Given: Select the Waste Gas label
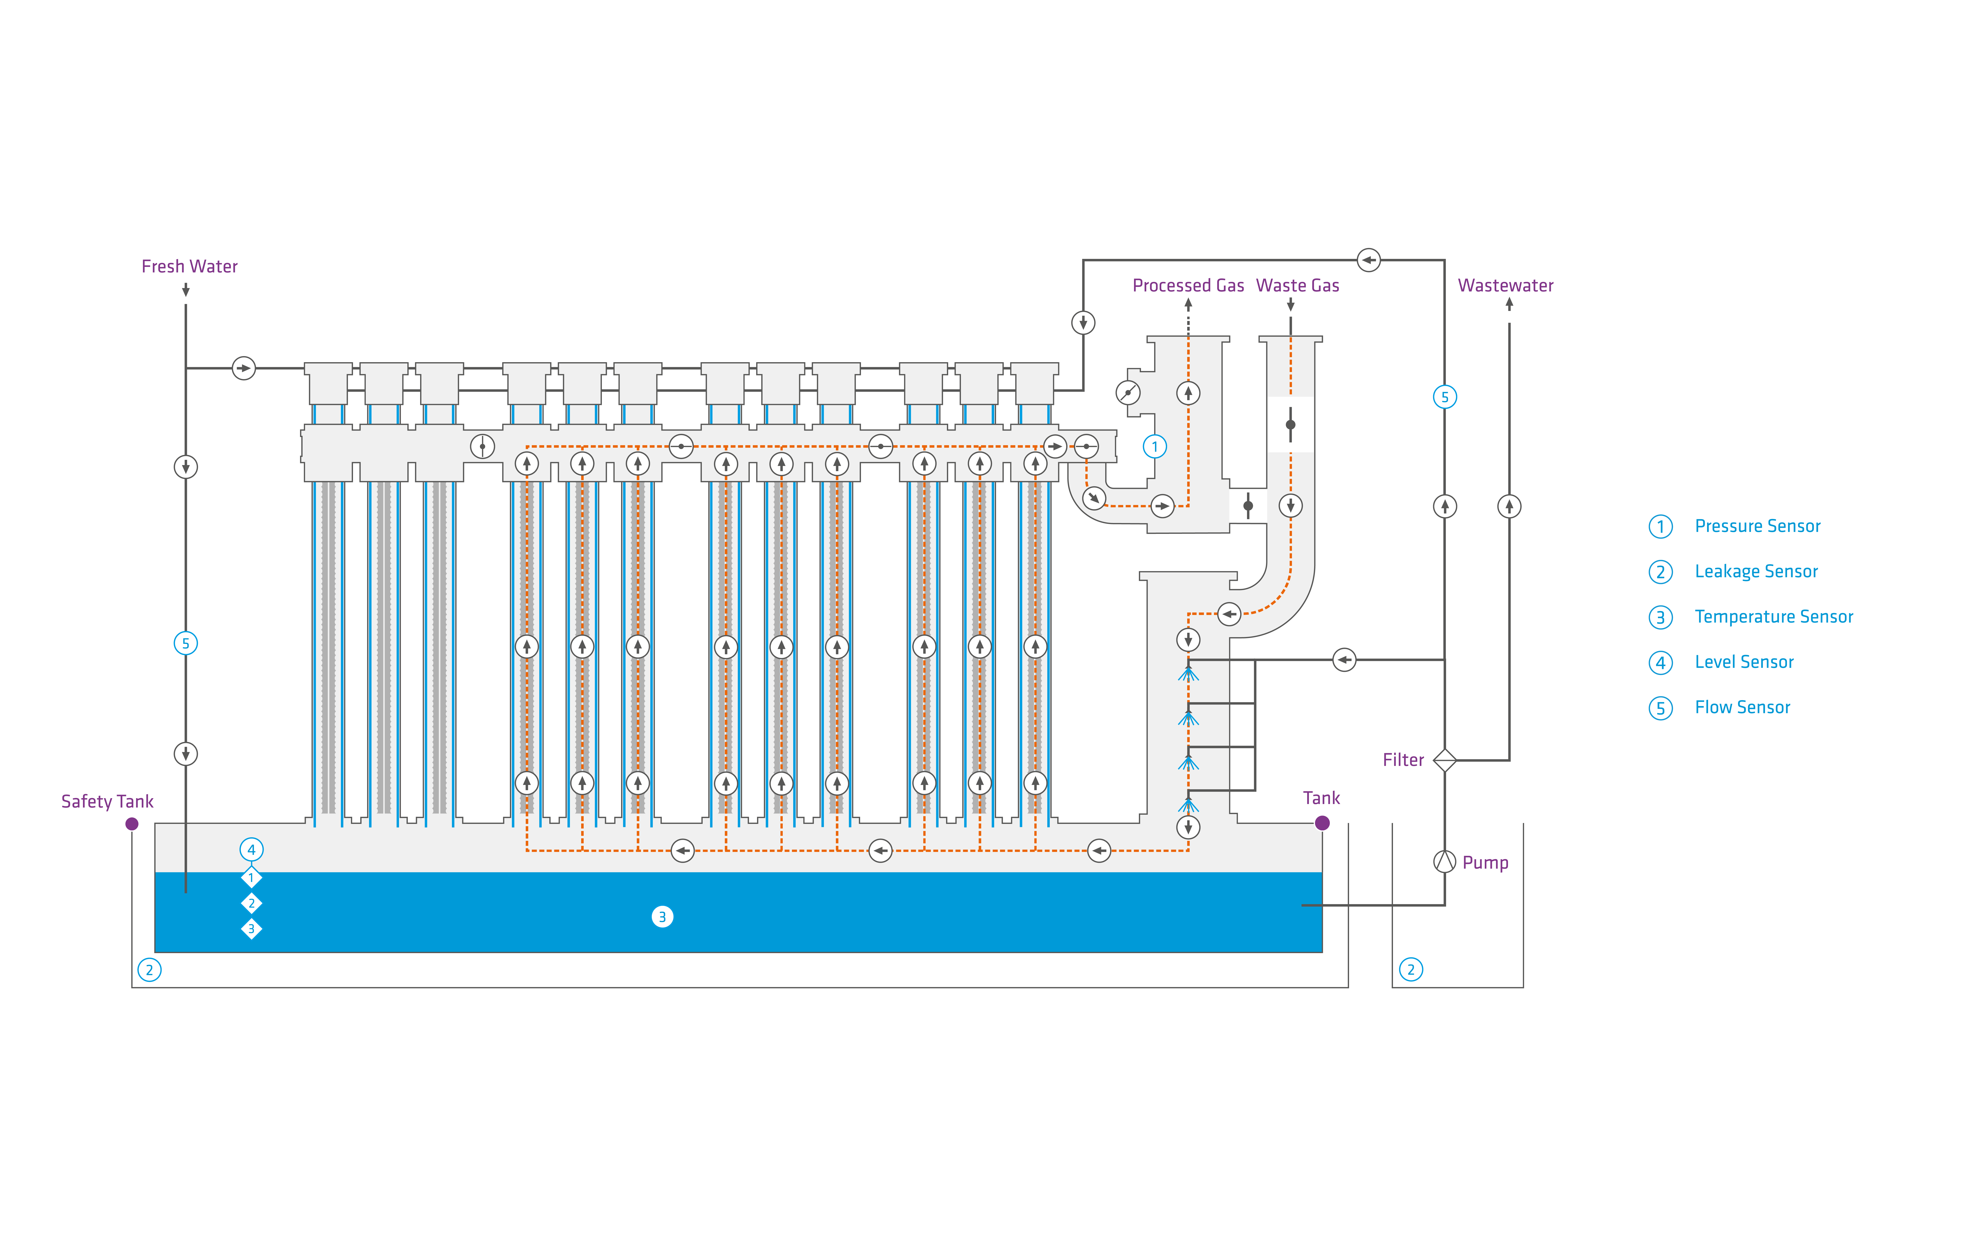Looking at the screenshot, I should [x=1297, y=285].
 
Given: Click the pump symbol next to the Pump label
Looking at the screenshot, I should [x=1444, y=862].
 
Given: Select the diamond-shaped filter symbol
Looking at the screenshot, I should [x=1444, y=761].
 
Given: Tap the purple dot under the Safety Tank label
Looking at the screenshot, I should [x=132, y=824].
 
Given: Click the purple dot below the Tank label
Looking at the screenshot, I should [x=1322, y=823].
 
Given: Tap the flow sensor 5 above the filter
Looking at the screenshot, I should [x=1444, y=397].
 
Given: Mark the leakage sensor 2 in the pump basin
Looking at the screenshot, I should [x=1411, y=970].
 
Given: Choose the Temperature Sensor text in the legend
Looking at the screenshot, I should [x=1773, y=617].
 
